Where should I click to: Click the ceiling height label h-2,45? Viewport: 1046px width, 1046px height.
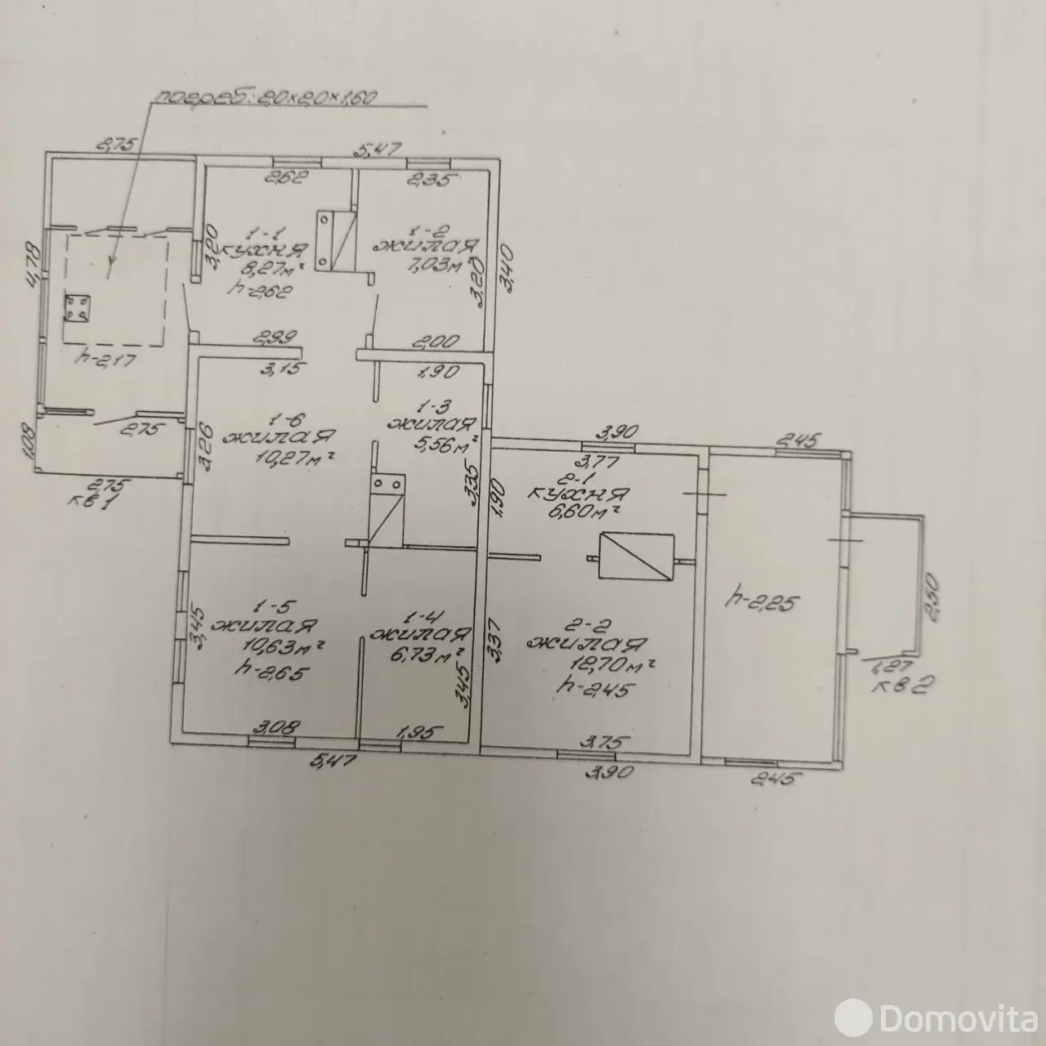pos(592,688)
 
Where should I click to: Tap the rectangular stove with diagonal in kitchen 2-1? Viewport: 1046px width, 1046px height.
pos(637,558)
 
